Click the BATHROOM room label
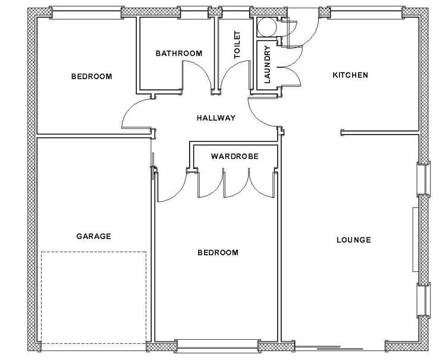[x=178, y=54]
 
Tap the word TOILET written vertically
[x=237, y=44]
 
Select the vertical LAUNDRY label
[x=267, y=64]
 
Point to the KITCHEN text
[x=350, y=76]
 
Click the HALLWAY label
[x=216, y=118]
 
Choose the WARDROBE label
[x=234, y=157]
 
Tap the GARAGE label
[x=93, y=236]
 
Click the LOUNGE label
[x=353, y=240]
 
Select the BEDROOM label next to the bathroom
[x=92, y=76]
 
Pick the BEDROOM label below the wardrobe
[x=218, y=253]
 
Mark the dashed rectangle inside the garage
[x=93, y=298]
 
